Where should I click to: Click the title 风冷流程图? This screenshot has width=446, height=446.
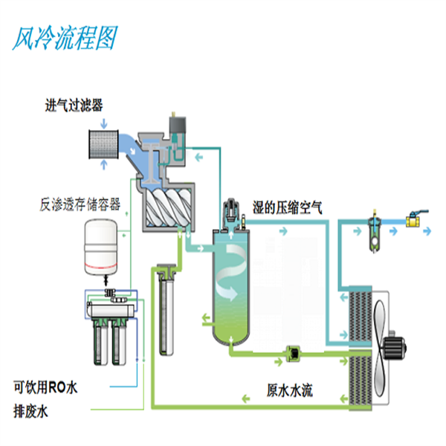pos(65,38)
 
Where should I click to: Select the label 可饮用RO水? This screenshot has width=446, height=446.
pos(45,387)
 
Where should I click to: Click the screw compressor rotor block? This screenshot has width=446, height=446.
pos(169,204)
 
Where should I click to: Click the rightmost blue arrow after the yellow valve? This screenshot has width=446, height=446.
pos(432,233)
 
